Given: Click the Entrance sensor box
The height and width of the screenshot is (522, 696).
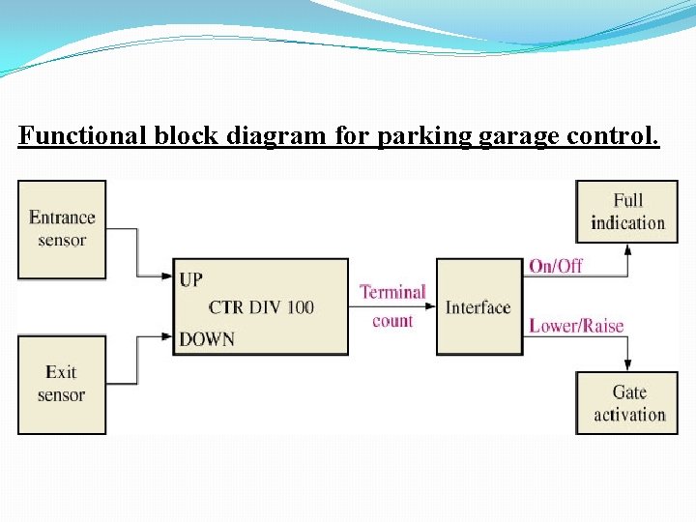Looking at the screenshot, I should coord(62,229).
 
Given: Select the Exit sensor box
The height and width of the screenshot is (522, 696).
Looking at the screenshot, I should coord(62,384).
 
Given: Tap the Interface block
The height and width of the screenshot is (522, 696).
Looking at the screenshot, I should coord(478,307).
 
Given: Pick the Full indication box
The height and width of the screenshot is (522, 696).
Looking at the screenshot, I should coord(627,212).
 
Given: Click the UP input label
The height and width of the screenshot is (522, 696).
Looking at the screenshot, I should coord(191,279).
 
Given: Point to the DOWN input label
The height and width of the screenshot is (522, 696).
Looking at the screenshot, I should coord(207,338).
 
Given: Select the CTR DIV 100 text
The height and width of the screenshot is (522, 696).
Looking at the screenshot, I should coord(261,307).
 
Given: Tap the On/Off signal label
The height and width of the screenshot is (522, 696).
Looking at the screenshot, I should coord(556,266).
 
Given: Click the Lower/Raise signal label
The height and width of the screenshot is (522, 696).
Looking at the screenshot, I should coord(576,326).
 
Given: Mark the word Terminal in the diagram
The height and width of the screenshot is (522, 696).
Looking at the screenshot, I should coord(392,292).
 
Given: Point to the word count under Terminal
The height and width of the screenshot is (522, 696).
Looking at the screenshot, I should coord(392,321).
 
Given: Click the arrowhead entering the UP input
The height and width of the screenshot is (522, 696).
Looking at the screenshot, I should coord(167,277).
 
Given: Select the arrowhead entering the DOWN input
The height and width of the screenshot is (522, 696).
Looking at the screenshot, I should coord(167,337).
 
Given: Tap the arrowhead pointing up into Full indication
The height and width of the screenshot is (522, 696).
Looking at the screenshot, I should coord(627,248).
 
